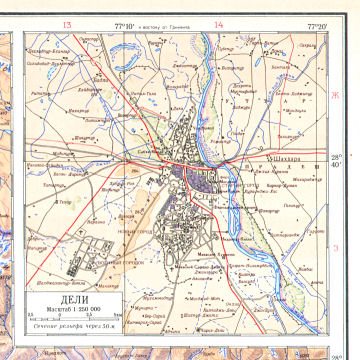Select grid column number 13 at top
pyautogui.click(x=68, y=24)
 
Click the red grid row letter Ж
pyautogui.click(x=336, y=95)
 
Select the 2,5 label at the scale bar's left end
pyautogui.click(x=27, y=311)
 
